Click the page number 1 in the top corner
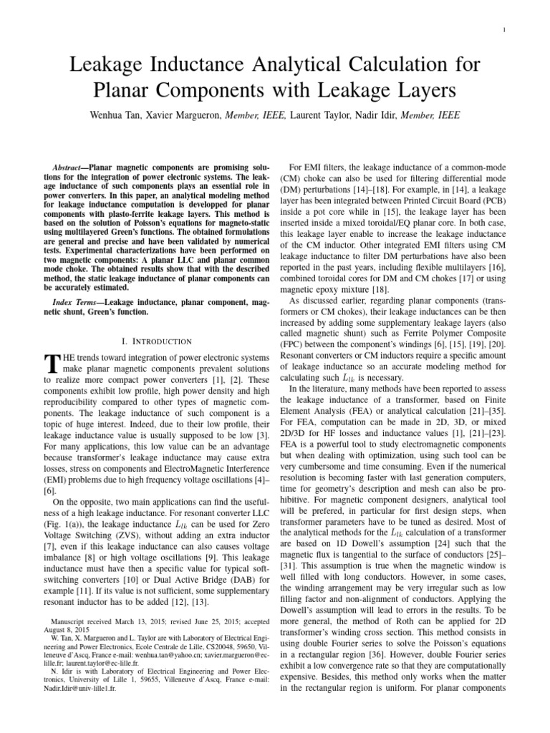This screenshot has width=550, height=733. [x=506, y=29]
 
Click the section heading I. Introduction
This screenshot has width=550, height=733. [x=158, y=341]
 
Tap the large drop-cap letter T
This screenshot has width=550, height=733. [x=51, y=364]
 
